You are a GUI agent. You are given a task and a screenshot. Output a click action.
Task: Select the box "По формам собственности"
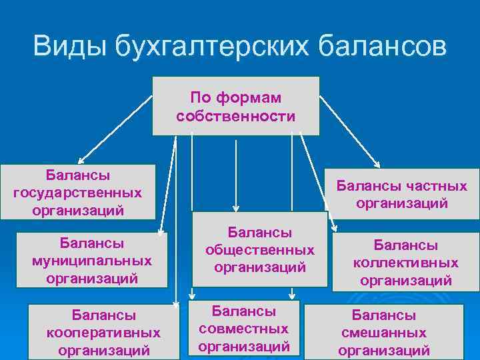236,106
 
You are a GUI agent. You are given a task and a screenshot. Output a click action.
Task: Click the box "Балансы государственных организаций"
78,192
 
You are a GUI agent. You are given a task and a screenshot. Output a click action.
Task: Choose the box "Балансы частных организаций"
401,194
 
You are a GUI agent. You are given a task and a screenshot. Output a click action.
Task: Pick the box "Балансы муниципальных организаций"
92,259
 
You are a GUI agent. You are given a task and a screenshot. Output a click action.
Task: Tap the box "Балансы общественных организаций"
260,250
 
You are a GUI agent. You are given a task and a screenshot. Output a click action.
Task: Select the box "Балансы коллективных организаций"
406,262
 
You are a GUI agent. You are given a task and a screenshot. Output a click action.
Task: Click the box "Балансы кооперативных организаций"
103,331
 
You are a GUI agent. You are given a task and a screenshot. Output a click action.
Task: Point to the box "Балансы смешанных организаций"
383,332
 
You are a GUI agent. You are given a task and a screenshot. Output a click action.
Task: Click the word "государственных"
78,193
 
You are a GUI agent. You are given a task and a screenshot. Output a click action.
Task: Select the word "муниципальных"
92,259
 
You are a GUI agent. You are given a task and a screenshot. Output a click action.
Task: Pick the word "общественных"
260,250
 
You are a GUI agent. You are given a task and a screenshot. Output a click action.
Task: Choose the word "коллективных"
406,263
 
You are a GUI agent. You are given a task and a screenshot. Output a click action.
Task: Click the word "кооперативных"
103,332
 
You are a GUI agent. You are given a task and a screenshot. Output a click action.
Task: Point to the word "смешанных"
383,333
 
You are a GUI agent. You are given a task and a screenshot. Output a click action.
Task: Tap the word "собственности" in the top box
236,116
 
